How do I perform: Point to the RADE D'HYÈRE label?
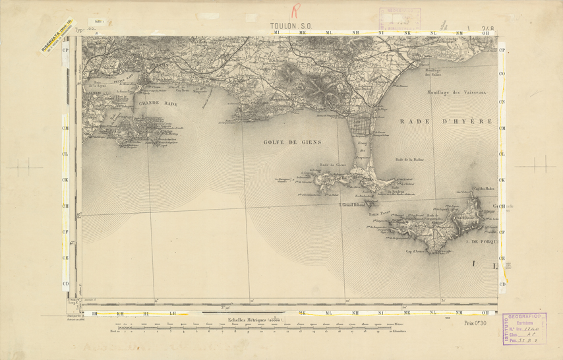tap(446, 122)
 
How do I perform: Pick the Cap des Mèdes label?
tap(487, 189)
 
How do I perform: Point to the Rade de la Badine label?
tap(408, 159)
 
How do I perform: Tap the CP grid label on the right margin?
tap(502, 50)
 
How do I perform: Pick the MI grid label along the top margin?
tap(277, 32)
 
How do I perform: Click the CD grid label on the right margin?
tap(502, 284)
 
